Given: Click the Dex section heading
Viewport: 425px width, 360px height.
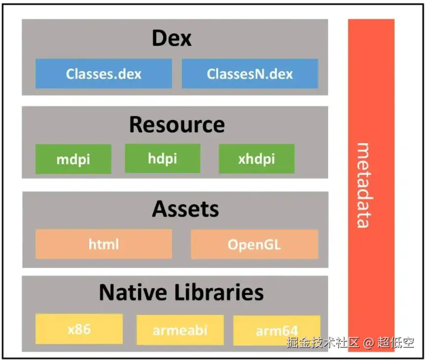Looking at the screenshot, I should tap(171, 38).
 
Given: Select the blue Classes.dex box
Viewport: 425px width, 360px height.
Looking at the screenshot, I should tap(104, 74).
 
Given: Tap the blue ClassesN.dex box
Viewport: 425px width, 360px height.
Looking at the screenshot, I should tap(250, 74).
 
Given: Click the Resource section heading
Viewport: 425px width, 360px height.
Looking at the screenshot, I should tap(177, 125).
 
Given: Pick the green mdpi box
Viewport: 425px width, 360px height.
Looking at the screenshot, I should tap(73, 159).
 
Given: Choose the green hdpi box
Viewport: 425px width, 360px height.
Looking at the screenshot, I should tap(162, 158).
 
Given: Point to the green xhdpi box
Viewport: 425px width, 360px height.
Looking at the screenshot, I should tap(256, 159).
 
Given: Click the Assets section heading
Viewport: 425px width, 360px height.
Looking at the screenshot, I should tap(185, 210).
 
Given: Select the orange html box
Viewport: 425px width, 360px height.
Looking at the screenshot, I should tap(104, 244).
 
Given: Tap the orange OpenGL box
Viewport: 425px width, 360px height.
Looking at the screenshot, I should tap(254, 244).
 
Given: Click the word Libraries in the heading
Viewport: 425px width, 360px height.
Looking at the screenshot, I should tap(219, 293).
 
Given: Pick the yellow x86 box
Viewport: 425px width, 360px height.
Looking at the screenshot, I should tap(79, 329).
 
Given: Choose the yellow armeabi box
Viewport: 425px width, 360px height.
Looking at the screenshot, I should tap(179, 330).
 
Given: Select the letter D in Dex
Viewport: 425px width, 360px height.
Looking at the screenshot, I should tap(160, 38).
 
